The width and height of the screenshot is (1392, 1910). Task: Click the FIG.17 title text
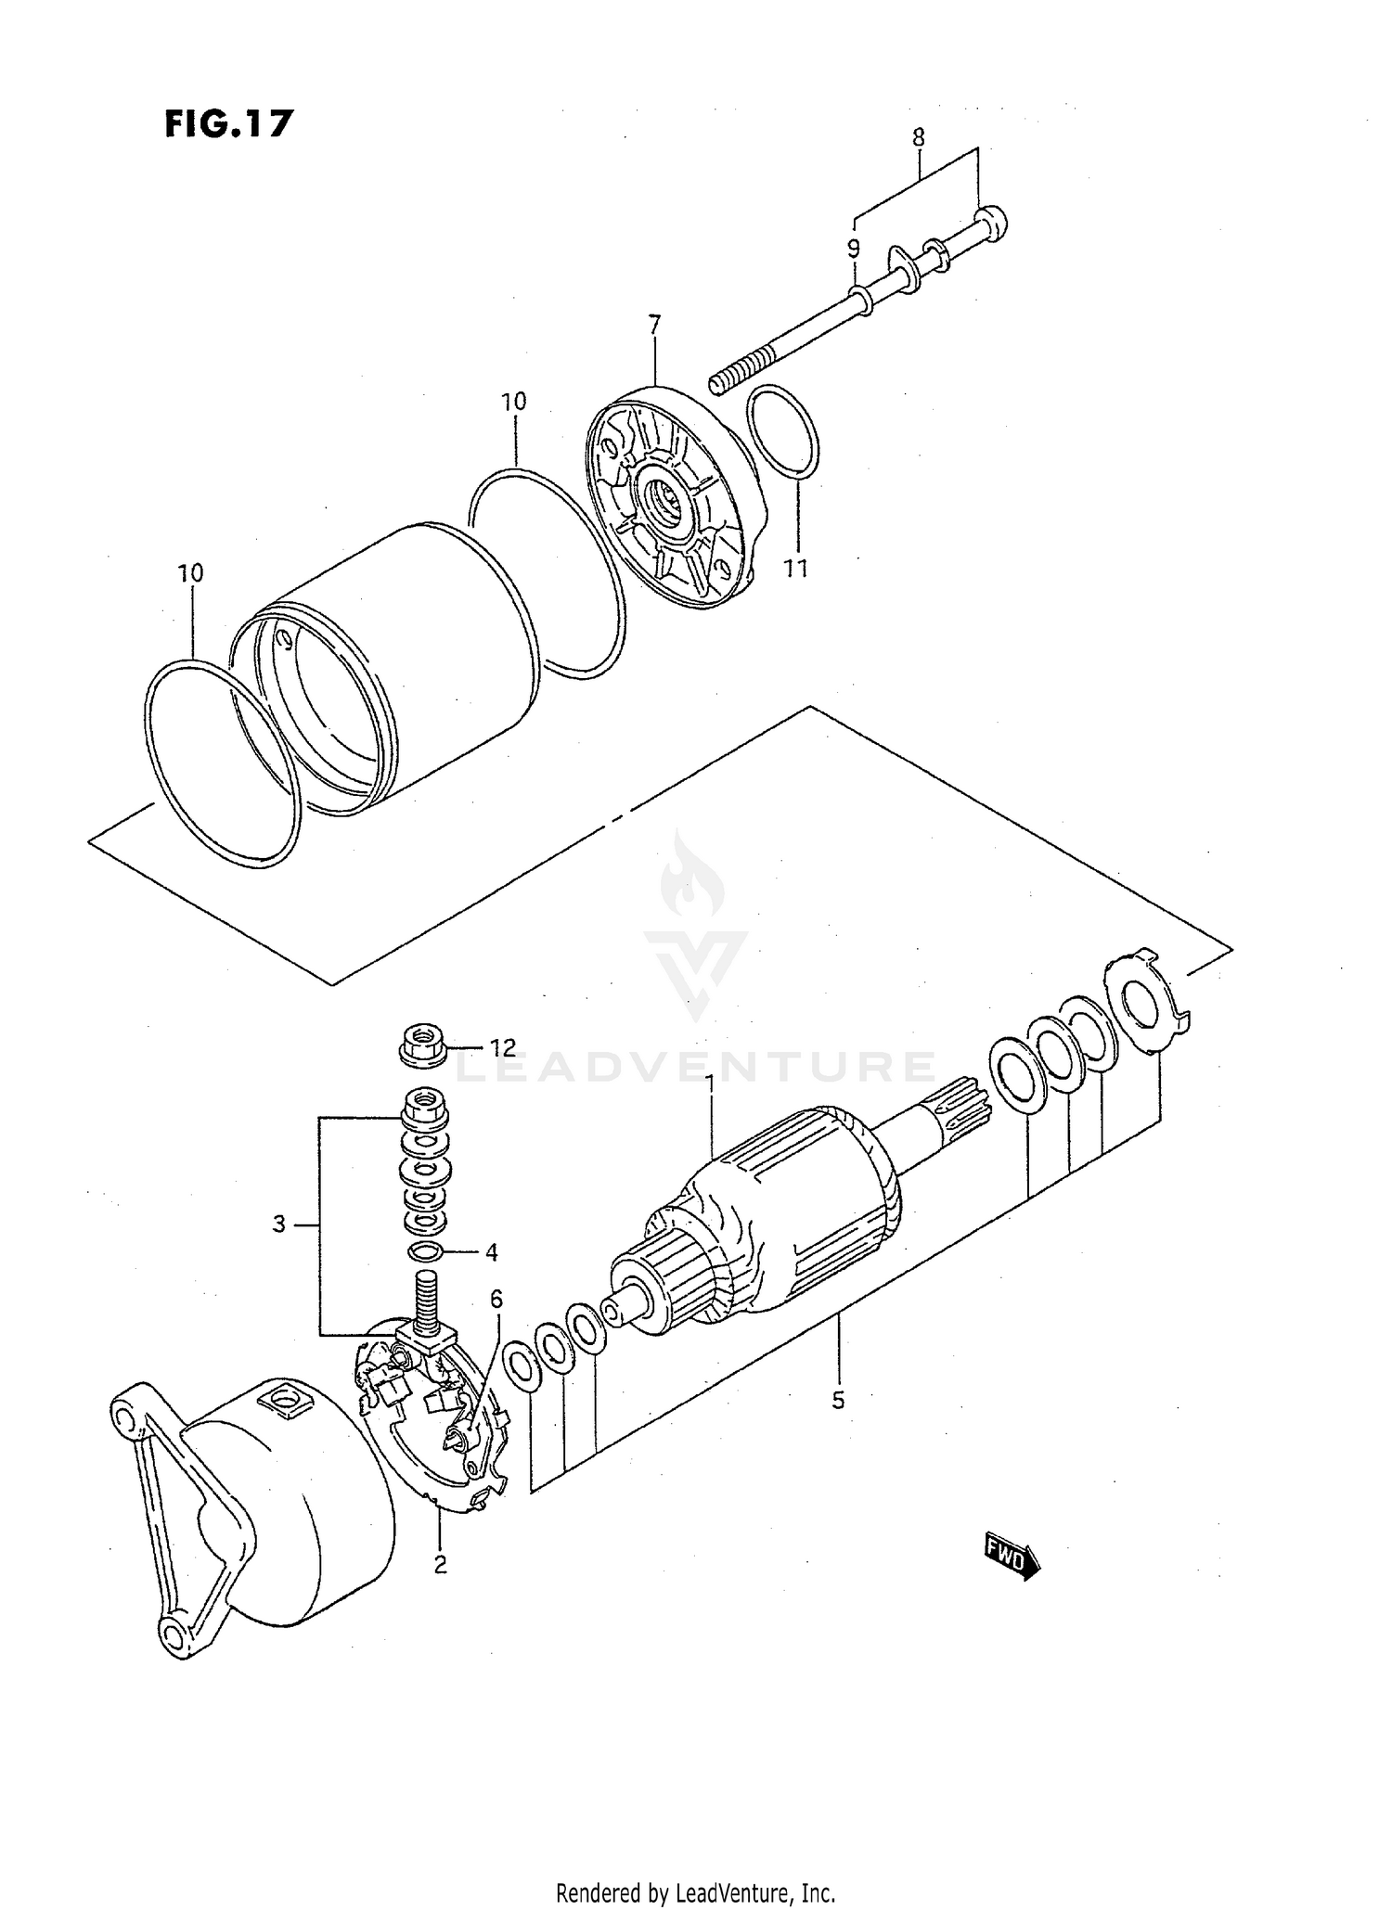point(228,123)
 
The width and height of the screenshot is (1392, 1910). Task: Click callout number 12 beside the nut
point(502,1047)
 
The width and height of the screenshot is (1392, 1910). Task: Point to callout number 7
point(654,325)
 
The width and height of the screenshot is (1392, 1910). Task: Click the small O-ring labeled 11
point(782,433)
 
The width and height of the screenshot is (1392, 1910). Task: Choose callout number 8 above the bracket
point(918,138)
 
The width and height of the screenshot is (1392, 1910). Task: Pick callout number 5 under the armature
point(838,1400)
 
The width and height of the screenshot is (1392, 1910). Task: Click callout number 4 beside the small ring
point(491,1252)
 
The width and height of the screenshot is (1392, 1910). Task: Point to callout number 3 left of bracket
point(278,1224)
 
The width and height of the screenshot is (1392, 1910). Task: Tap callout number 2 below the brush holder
point(440,1564)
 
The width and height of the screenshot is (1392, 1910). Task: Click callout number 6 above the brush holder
point(496,1300)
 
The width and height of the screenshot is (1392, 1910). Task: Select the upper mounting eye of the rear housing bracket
point(124,1417)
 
